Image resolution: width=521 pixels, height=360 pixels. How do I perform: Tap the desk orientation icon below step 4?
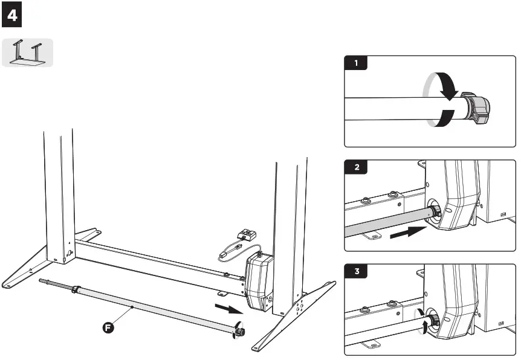[x=28, y=53]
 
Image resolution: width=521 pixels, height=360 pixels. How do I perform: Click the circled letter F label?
[x=106, y=328]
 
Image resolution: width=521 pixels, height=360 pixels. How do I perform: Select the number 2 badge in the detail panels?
[x=356, y=167]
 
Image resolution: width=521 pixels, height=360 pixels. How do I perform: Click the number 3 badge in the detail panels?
[x=356, y=271]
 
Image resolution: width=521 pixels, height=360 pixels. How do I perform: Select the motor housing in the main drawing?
[x=259, y=281]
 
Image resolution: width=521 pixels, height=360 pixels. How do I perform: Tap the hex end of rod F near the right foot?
[x=240, y=331]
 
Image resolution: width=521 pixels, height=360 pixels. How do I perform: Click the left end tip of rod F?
[x=42, y=281]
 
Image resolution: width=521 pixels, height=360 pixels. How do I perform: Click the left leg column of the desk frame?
[x=59, y=193]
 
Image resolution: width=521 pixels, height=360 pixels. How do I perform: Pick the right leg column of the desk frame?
[x=288, y=230]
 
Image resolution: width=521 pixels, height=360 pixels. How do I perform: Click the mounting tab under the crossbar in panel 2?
[x=370, y=236]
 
